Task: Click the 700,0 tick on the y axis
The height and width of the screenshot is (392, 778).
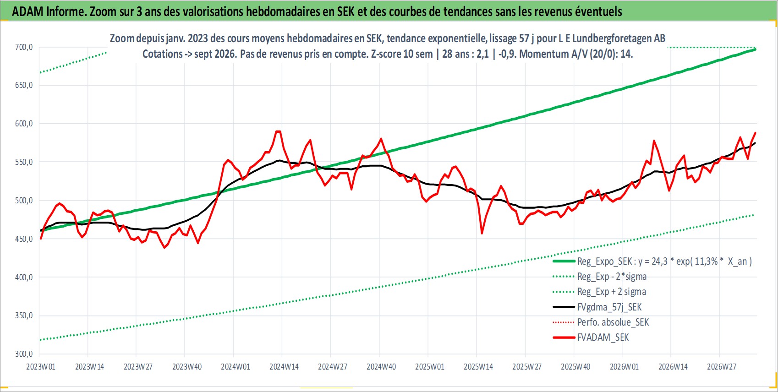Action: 24,47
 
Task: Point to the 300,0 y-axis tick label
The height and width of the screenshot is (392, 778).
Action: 24,354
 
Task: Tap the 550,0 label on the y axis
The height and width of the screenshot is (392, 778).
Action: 24,162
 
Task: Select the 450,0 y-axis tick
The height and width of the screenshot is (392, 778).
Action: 24,239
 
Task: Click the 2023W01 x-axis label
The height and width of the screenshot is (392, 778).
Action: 41,367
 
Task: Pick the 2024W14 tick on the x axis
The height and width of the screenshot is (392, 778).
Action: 284,367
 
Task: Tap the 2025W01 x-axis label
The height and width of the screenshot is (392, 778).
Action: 430,367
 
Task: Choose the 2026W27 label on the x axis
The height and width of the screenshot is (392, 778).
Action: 721,367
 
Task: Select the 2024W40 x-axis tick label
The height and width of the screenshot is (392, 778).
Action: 381,367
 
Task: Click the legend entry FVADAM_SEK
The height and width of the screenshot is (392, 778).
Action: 603,338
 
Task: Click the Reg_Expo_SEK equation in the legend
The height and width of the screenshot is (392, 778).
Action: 664,261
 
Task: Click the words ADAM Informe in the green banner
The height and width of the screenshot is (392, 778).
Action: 49,12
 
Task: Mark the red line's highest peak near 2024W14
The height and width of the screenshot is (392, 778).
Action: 278,131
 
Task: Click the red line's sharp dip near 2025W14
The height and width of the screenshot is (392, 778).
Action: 482,234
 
